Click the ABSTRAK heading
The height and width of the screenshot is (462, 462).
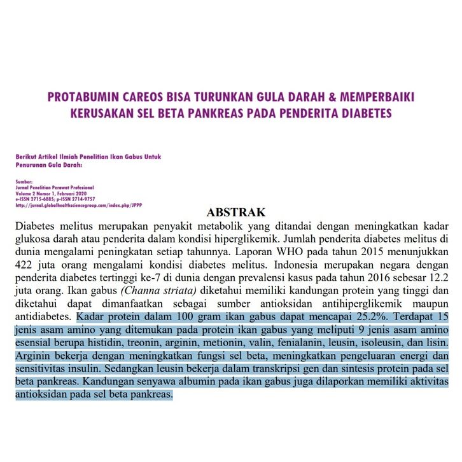(235, 212)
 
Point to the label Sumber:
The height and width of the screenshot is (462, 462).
(24, 181)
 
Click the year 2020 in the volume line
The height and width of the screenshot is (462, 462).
(84, 193)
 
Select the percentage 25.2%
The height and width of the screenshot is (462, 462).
(373, 316)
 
